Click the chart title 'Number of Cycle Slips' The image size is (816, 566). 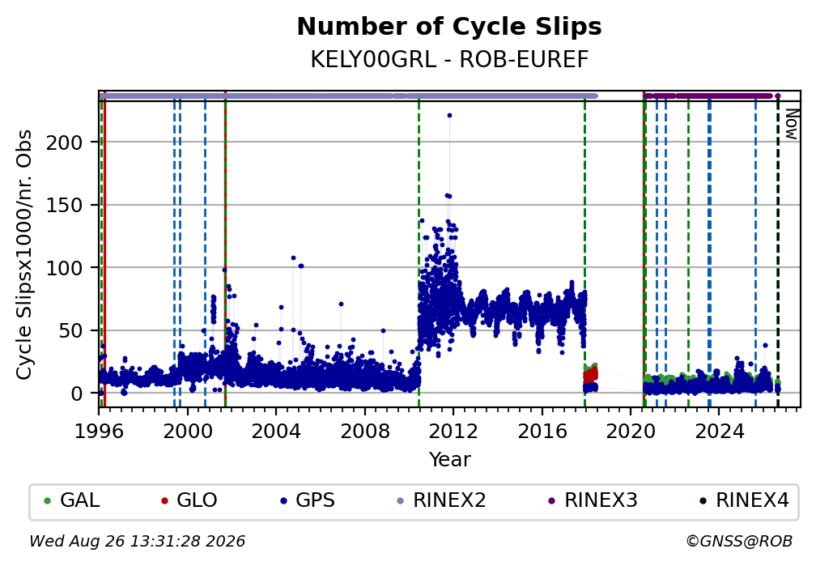[449, 27]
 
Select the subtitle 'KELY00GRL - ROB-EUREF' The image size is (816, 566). [449, 59]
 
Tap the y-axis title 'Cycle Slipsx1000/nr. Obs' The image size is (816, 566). [24, 254]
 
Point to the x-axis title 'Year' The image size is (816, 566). [449, 459]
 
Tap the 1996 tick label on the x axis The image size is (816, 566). [99, 431]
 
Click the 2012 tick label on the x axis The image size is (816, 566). [453, 431]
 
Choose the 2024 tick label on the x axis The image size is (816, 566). [719, 431]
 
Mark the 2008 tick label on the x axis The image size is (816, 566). [365, 431]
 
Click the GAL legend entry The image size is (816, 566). [72, 500]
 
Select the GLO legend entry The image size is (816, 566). [189, 500]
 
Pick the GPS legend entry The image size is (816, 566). [308, 500]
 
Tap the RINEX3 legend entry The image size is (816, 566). [593, 500]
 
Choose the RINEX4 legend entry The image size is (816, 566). [744, 500]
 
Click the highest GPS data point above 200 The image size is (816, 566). [449, 116]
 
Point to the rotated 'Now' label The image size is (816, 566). [792, 125]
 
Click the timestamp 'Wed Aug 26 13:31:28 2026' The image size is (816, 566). [137, 542]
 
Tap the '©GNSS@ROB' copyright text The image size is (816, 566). [740, 542]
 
